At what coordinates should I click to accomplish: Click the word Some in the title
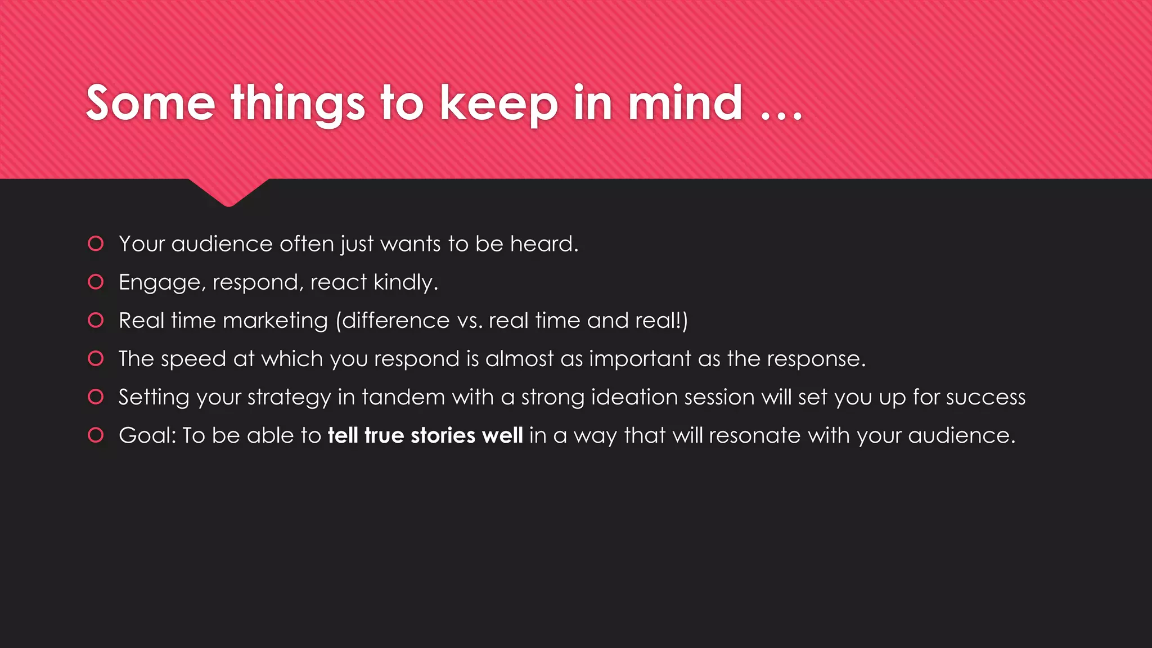point(150,103)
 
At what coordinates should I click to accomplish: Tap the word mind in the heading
point(685,103)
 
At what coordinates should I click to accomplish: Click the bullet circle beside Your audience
point(96,244)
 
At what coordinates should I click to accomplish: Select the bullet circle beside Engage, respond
point(96,282)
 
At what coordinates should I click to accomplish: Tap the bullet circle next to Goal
point(96,435)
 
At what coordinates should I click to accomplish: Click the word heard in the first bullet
point(544,244)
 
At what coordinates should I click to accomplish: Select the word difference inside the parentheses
point(395,321)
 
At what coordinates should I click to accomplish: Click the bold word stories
point(443,435)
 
